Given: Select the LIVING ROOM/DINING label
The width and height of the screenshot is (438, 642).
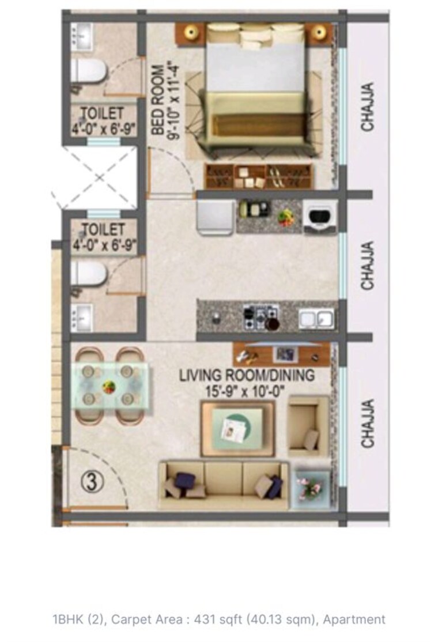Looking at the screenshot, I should [x=247, y=376].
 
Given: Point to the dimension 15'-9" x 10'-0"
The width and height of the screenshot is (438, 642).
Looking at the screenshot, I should [x=247, y=391].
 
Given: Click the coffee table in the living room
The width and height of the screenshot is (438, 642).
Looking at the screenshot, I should [x=237, y=427].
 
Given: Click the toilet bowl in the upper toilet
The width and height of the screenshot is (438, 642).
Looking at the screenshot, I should [x=89, y=73].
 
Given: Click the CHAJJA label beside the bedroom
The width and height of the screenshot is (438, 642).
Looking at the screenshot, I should [x=368, y=107].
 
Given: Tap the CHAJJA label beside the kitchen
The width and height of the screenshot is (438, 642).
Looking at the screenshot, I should [x=368, y=267].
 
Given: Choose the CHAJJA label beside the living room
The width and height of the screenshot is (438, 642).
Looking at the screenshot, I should [x=368, y=424].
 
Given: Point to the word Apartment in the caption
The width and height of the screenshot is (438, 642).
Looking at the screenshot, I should [x=354, y=620].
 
